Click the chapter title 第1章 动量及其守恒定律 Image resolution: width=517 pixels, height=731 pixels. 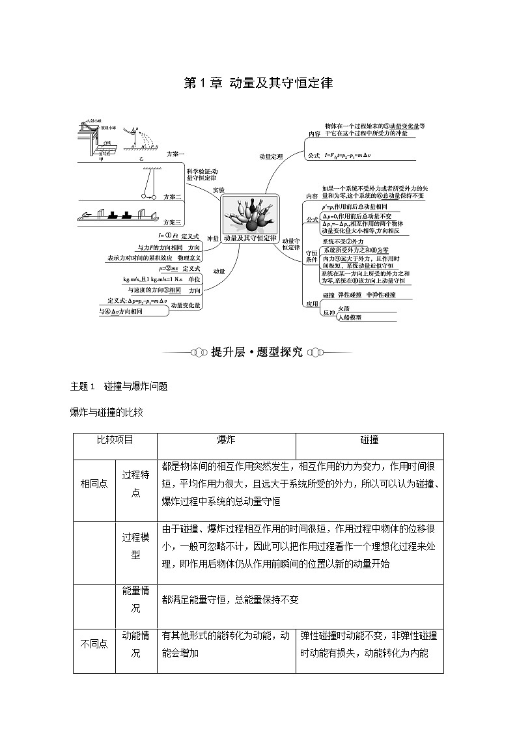tap(258, 83)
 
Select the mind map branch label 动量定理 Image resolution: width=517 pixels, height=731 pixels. tap(271, 156)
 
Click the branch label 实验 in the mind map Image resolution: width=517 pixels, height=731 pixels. tap(218, 189)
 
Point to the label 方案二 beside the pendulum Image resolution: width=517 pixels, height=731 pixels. tap(173, 196)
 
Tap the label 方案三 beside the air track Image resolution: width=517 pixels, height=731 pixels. tap(173, 222)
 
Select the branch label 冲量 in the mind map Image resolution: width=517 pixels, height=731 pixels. tap(213, 238)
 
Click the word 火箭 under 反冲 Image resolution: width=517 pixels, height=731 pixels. tap(344, 309)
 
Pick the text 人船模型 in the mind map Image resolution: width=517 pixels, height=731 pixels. tap(350, 318)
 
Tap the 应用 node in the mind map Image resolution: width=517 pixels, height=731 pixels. tap(312, 304)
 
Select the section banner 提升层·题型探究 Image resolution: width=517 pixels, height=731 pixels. tap(257, 352)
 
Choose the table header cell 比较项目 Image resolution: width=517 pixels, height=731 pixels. tap(115, 440)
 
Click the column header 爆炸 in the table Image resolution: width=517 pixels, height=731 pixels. tap(226, 440)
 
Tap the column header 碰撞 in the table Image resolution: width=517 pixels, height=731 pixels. tap(369, 440)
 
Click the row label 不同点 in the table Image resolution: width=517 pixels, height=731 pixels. tap(94, 644)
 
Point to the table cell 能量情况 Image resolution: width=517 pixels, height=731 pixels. tap(136, 599)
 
